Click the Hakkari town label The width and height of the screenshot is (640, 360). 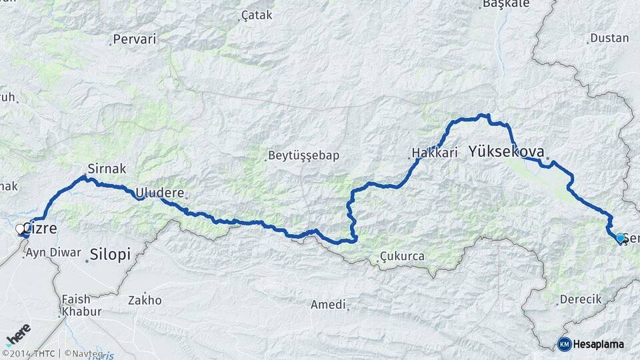point(435,153)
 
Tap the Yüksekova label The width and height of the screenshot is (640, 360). point(506,151)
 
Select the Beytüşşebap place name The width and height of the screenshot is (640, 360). point(303,155)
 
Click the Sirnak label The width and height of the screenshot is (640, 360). point(107,169)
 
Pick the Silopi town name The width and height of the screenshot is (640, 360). point(110,254)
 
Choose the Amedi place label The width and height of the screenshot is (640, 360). point(329,305)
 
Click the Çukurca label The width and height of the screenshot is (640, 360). point(402,256)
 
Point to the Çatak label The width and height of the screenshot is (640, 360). point(257,15)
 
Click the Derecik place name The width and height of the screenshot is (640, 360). point(581,299)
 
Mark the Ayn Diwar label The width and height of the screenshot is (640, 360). point(53,253)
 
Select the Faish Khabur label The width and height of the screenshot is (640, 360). point(81,305)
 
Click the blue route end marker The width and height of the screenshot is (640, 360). point(621,238)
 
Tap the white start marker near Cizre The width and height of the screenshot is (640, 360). point(20,229)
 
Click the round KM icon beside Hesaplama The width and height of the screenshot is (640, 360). point(564,344)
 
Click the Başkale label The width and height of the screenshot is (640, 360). point(505,3)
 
